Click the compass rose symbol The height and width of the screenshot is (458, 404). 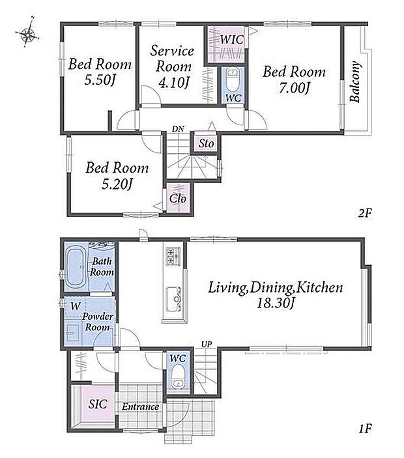tap(27, 35)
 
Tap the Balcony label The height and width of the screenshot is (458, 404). tap(354, 81)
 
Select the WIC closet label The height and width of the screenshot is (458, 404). tap(231, 40)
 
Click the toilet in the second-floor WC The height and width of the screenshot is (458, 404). tap(233, 79)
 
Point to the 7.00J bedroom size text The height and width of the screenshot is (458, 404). tap(294, 88)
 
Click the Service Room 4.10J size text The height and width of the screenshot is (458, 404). tap(173, 82)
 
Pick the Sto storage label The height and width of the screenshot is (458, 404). tap(207, 143)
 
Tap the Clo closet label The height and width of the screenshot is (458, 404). tap(178, 199)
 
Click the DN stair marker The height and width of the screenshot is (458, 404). tap(178, 128)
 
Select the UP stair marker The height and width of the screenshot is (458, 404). tap(207, 345)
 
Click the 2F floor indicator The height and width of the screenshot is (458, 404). tap(365, 213)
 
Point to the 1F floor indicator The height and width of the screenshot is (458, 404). tap(365, 429)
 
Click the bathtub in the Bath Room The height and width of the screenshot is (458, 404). tap(76, 267)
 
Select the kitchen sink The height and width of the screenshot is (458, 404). tap(173, 299)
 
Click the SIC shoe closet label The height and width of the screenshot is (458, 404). tap(98, 404)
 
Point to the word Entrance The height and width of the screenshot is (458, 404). tap(141, 407)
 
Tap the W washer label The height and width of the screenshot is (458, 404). tap(76, 306)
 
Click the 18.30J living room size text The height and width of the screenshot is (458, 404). tap(275, 303)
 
